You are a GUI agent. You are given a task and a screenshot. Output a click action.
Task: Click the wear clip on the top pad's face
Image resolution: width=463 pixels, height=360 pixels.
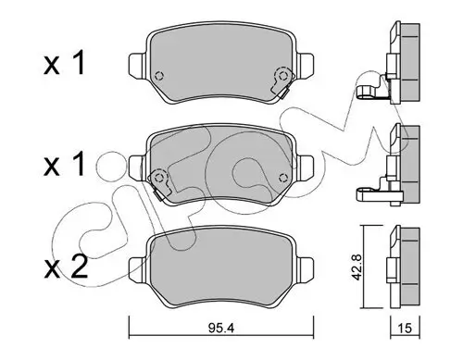pos(279,86)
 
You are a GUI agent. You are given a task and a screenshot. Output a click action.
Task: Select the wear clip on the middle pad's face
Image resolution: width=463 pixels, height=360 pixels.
pos(159,180)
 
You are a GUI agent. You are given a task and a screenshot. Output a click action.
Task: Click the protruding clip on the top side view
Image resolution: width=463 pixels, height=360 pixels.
pos(370,93)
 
